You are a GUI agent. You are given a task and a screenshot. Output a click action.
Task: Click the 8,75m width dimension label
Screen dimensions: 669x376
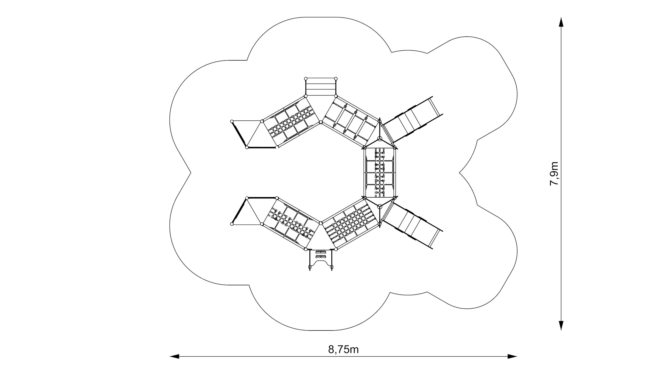click(x=343, y=349)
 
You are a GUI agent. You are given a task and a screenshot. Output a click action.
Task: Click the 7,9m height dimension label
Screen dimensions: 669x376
click(x=554, y=174)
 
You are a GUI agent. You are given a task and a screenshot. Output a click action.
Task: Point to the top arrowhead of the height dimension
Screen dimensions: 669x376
click(x=561, y=22)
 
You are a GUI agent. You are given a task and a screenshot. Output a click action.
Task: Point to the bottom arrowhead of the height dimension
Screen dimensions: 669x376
click(x=561, y=333)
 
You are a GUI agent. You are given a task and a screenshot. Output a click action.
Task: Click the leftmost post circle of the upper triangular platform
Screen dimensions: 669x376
click(x=232, y=121)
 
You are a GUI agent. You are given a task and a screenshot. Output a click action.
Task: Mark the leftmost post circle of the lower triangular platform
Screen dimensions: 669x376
click(x=232, y=224)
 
